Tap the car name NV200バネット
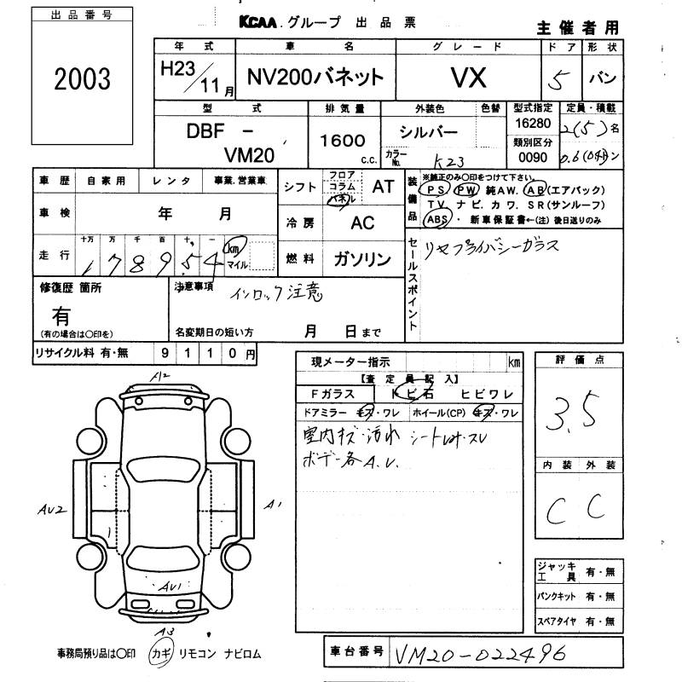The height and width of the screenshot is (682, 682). point(315,78)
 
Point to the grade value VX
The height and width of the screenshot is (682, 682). point(468,78)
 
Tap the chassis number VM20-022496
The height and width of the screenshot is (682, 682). point(482,654)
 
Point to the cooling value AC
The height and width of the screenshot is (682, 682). point(362,223)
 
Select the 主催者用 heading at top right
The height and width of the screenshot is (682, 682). point(578,28)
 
